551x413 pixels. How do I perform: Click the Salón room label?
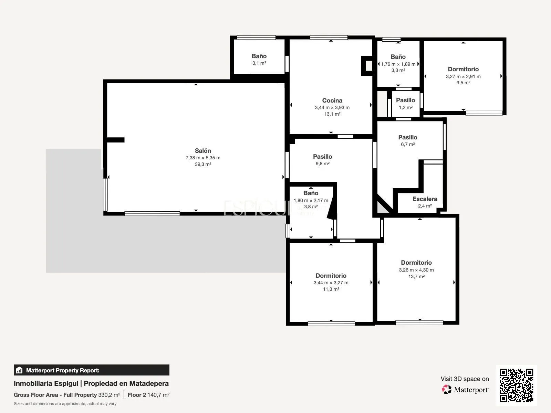tap(203, 151)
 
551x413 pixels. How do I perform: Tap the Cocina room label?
tap(332, 100)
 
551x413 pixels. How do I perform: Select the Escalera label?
tap(425, 199)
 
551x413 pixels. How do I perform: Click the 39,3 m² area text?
tap(203, 164)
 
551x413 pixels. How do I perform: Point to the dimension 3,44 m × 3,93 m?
tap(332, 108)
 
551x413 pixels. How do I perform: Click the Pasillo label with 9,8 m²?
tap(322, 157)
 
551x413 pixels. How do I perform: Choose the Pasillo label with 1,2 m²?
tap(405, 100)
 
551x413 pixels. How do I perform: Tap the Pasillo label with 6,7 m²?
tap(408, 137)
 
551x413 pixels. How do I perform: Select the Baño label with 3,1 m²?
tap(259, 56)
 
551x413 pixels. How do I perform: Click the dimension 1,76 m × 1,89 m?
tap(398, 64)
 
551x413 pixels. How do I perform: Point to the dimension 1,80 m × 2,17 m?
tap(311, 200)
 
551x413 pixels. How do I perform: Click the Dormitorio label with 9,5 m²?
tap(463, 69)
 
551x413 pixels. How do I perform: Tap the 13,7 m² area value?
tap(416, 276)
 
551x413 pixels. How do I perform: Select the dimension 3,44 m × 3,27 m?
tap(331, 283)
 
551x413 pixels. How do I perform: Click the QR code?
tap(516, 385)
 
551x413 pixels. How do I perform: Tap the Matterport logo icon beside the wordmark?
tap(447, 390)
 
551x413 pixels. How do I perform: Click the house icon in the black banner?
tap(19, 370)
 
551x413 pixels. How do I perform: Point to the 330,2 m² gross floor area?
tap(109, 395)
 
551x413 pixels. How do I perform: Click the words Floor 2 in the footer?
tap(137, 395)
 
